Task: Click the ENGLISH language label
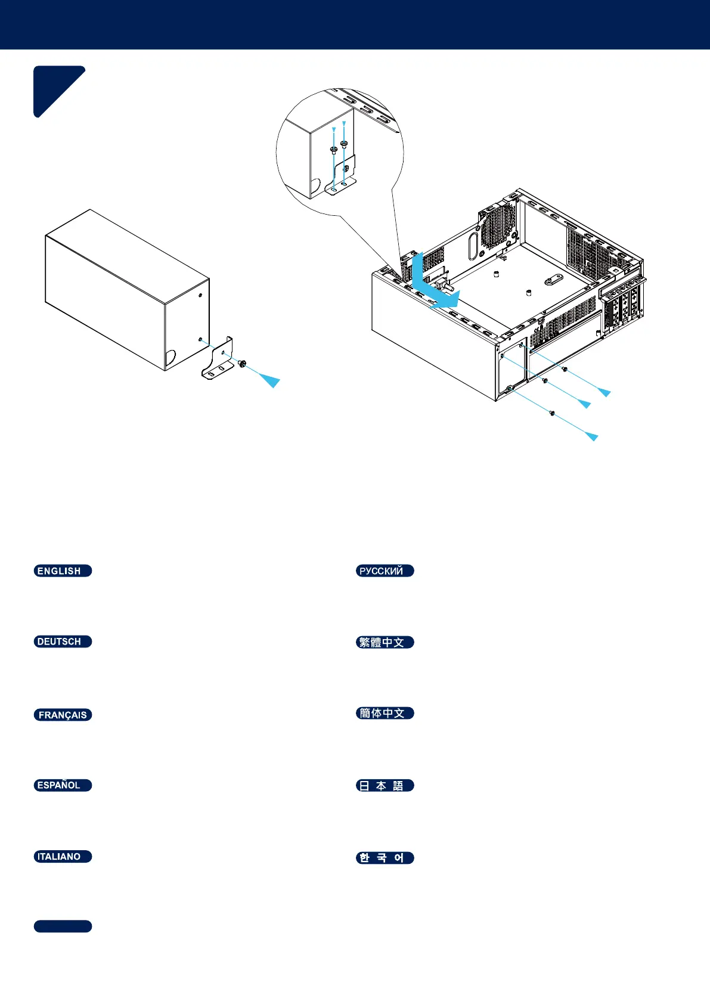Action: (x=63, y=571)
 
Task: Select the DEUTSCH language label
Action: (x=63, y=642)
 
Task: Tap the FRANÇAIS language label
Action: (x=63, y=714)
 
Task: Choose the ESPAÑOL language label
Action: (x=63, y=785)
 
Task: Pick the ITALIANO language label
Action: (x=63, y=856)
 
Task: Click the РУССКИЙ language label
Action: (x=385, y=571)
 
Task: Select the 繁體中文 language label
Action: (x=385, y=642)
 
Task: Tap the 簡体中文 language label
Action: (x=385, y=713)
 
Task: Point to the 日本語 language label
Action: (x=385, y=785)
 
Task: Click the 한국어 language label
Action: (x=385, y=857)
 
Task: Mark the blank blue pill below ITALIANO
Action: (x=63, y=926)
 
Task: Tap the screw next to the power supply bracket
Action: (x=242, y=363)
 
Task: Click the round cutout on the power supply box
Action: (x=170, y=358)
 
